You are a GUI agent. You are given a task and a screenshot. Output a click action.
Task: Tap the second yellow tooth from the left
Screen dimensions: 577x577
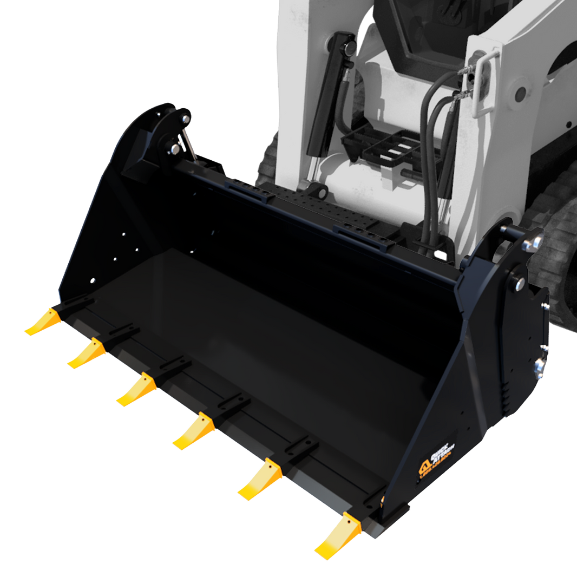87,354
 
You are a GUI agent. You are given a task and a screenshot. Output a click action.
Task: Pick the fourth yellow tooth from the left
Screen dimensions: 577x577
194,431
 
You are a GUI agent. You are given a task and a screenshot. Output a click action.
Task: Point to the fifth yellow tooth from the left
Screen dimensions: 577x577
260,479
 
